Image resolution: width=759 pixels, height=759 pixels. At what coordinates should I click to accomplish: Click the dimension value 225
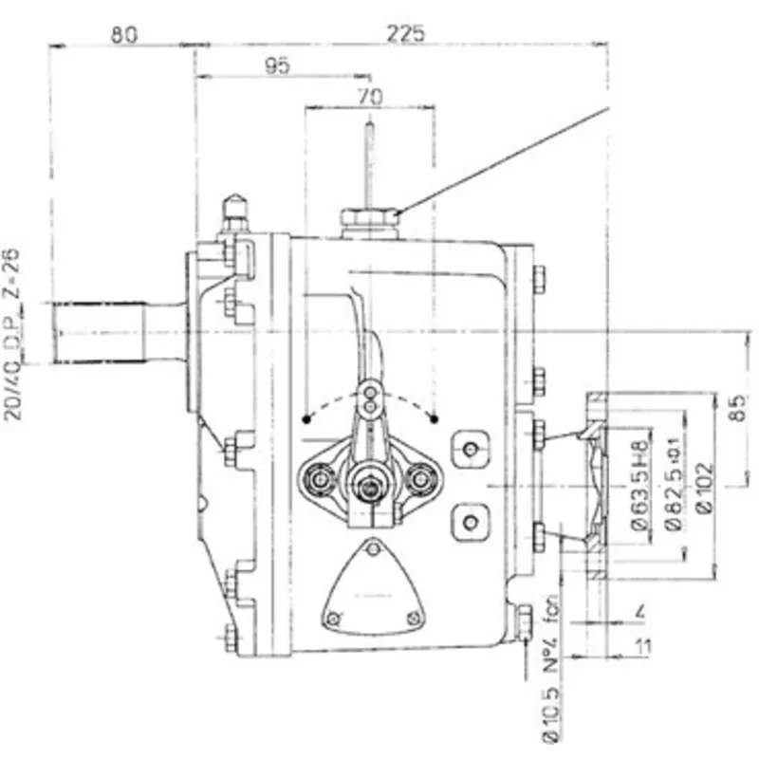405,33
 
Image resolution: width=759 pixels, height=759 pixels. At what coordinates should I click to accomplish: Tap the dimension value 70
370,95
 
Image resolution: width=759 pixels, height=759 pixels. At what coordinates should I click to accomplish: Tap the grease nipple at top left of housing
234,213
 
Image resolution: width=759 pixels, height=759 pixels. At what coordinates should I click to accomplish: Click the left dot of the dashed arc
305,417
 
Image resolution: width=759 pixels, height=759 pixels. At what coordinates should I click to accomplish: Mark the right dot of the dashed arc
434,417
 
